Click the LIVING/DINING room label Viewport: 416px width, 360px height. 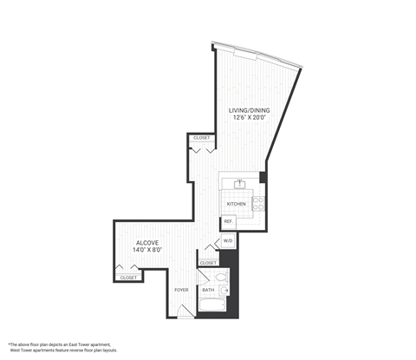point(246,110)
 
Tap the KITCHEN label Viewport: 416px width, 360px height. point(236,204)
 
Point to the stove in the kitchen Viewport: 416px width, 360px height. point(258,204)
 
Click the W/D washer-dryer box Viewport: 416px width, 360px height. point(229,240)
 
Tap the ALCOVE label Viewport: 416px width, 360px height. point(146,242)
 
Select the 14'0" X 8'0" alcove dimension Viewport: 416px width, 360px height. point(146,251)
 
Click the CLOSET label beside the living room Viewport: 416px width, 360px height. point(201,138)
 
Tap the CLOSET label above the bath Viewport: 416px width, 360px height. point(209,263)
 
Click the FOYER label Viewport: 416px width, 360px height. point(181,290)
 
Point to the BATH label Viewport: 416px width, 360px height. point(208,290)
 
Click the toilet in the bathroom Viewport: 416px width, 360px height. point(222,278)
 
